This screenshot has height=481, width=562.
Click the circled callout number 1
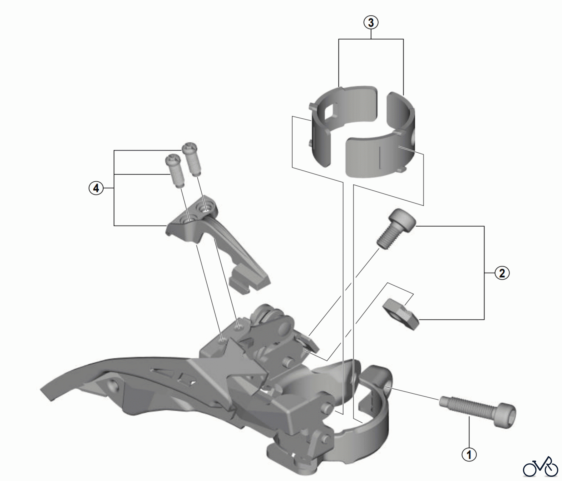(469, 454)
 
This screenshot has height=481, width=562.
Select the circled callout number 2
(502, 273)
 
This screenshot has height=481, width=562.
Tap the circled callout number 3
(371, 22)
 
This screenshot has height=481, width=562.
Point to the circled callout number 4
(96, 188)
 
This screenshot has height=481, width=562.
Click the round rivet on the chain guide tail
(113, 385)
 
